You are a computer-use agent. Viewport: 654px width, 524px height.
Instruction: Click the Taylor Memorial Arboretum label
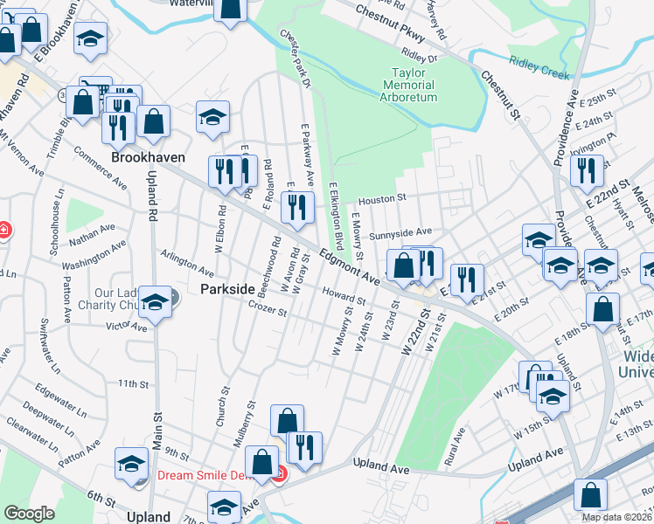(408, 86)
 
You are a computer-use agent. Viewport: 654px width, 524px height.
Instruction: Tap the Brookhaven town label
(145, 158)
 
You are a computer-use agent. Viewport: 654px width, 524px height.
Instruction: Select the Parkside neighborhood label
(227, 289)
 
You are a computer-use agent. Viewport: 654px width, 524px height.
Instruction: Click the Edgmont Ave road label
(349, 267)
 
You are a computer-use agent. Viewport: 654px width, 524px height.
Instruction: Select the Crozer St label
(267, 307)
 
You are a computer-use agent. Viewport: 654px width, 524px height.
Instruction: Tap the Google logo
(28, 513)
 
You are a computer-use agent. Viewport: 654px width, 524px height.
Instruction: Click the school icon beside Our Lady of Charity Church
(155, 303)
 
